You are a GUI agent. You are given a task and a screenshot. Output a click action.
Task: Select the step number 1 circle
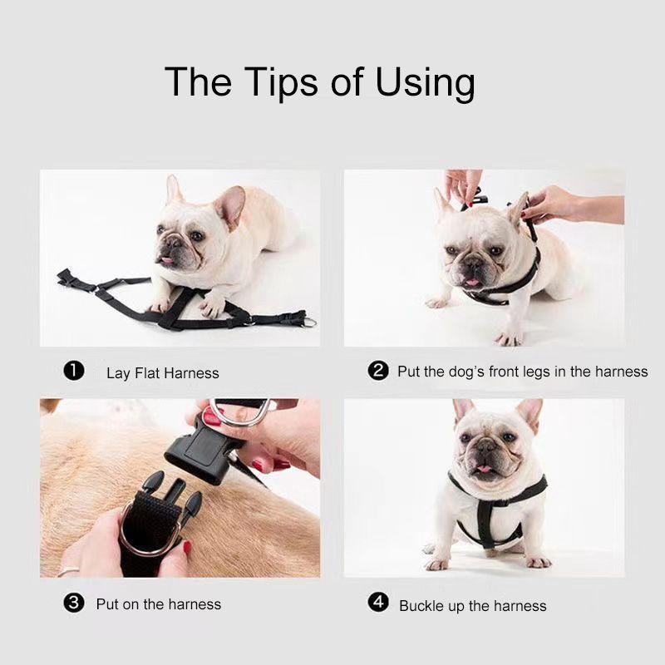point(74,372)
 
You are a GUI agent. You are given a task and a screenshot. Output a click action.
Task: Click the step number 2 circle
point(378,371)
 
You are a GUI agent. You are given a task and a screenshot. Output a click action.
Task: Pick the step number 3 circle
point(75,603)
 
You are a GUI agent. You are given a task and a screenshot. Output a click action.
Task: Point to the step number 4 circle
point(378,603)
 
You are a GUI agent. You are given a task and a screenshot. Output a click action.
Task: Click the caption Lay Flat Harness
point(162,373)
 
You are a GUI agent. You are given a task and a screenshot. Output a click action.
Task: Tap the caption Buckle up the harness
point(472,605)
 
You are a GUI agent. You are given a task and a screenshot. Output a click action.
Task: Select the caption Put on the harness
point(159,603)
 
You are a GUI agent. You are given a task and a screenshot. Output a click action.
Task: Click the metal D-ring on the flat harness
point(310,321)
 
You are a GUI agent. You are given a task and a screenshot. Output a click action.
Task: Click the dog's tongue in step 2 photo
point(472,282)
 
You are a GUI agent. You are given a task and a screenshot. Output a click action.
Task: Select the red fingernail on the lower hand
point(187,549)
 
